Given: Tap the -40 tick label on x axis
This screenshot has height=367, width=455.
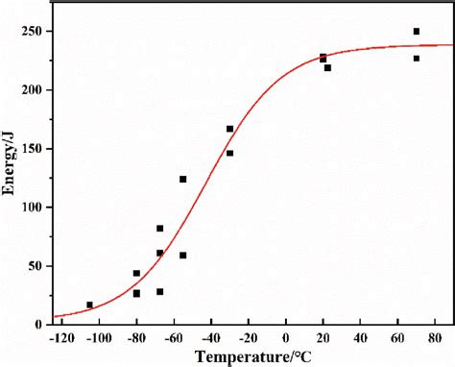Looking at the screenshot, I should pyautogui.click(x=210, y=338).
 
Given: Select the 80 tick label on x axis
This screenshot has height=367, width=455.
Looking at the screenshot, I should pyautogui.click(x=436, y=338).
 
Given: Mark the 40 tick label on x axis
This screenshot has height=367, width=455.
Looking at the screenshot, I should pyautogui.click(x=361, y=338).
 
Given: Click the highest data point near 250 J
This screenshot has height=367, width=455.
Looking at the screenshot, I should pyautogui.click(x=417, y=32).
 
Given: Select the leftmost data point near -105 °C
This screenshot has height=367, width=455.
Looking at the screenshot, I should pyautogui.click(x=90, y=306).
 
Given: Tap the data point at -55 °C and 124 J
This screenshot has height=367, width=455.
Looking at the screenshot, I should pyautogui.click(x=182, y=179).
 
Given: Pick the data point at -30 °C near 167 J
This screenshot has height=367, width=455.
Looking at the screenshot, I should pyautogui.click(x=229, y=129).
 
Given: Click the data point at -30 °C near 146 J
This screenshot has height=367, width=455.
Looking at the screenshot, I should pyautogui.click(x=229, y=153).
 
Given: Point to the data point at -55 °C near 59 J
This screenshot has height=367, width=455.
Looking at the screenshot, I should pyautogui.click(x=182, y=256).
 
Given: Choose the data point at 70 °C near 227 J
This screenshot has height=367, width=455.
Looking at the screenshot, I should pyautogui.click(x=417, y=59).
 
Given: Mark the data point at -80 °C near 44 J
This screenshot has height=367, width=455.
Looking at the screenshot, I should pyautogui.click(x=136, y=273).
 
